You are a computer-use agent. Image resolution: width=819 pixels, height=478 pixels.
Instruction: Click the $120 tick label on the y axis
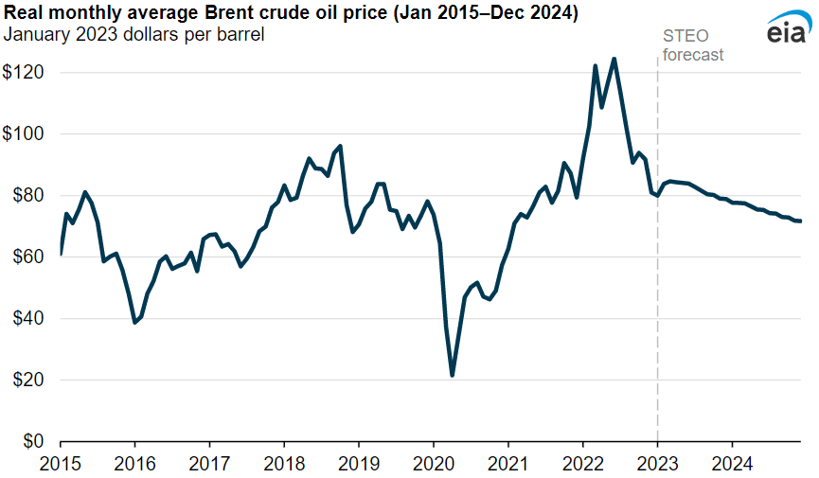pos(24,73)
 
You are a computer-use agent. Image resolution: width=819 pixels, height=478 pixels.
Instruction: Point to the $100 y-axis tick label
pos(24,134)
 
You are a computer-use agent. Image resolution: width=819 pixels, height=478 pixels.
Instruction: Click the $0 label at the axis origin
pos(31,442)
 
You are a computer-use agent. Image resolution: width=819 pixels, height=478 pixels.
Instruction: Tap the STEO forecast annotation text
pos(692,45)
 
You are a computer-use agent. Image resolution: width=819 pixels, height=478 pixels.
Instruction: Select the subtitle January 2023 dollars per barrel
pos(134,35)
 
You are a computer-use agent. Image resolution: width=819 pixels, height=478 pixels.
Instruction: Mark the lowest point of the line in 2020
pos(453,376)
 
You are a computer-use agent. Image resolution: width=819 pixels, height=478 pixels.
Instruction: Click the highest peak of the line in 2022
pos(614,59)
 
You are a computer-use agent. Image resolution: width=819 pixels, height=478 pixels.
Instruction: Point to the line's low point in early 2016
pos(134,323)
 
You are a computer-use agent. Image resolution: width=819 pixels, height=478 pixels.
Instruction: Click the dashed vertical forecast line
pos(657,284)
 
